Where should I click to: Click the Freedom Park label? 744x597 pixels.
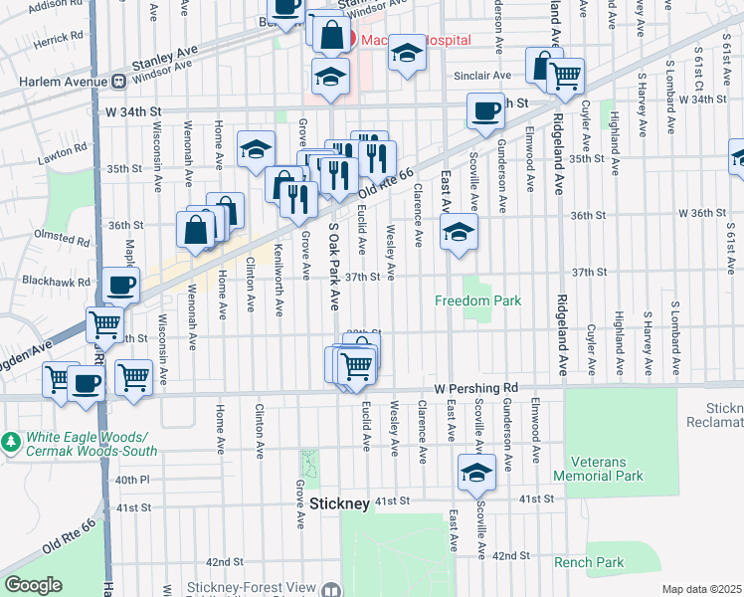(x=478, y=300)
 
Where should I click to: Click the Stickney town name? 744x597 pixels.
(x=339, y=503)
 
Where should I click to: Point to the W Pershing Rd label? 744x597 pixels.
(x=474, y=387)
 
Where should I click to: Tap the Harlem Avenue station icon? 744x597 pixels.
(x=117, y=81)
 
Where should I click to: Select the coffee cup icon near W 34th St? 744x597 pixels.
(x=485, y=110)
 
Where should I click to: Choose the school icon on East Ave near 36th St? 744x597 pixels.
(x=458, y=232)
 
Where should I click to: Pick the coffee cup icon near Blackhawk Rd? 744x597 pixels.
(x=121, y=287)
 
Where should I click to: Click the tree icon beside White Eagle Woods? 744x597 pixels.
(x=10, y=439)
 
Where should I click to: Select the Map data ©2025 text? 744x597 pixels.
(x=701, y=589)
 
